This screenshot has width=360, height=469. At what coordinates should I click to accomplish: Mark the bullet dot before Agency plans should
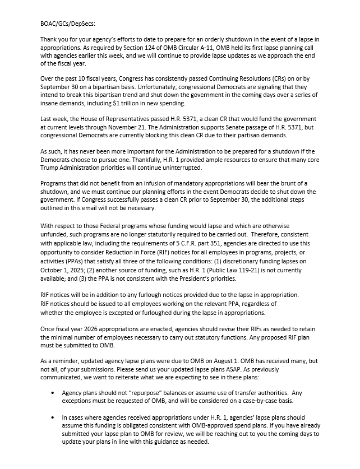53,393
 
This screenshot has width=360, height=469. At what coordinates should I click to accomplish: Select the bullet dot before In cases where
53,417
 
